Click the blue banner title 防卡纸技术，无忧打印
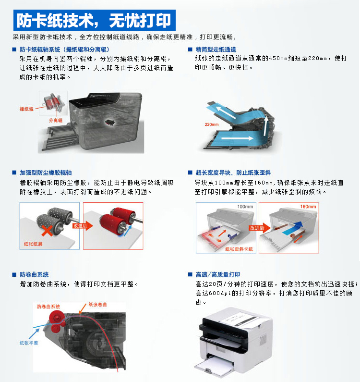[x=94, y=21]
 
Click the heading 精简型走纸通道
[x=216, y=49]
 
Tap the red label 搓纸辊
[x=26, y=109]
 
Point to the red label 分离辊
[x=56, y=120]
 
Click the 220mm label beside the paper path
[x=212, y=124]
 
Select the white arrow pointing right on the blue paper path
[x=237, y=138]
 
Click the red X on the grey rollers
[x=47, y=231]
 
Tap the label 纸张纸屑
[x=33, y=244]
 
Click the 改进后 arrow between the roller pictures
[x=83, y=226]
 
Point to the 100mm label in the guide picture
[x=245, y=207]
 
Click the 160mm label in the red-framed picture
[x=308, y=207]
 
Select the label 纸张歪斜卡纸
[x=239, y=249]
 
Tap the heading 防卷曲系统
[x=34, y=275]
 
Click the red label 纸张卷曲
[x=97, y=305]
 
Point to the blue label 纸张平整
[x=29, y=343]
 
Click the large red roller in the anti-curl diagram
[x=57, y=318]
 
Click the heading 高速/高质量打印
[x=218, y=275]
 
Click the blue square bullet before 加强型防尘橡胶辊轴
[x=14, y=173]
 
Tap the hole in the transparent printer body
[x=110, y=123]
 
